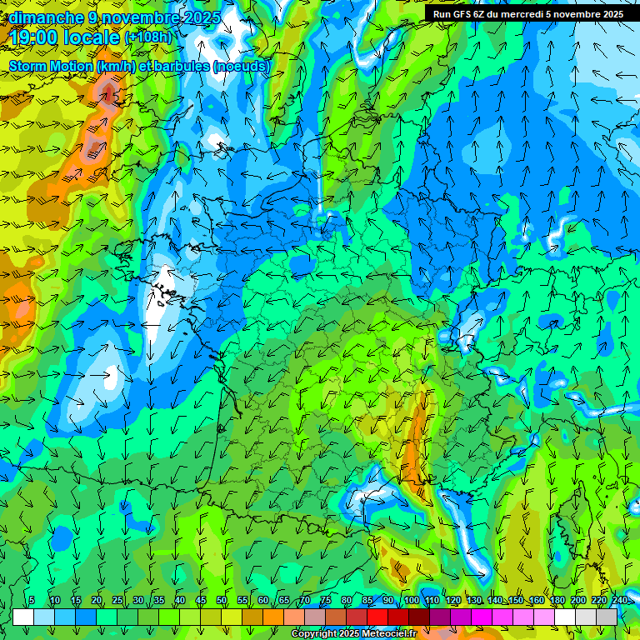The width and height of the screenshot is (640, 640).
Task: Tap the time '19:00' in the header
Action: tap(34, 37)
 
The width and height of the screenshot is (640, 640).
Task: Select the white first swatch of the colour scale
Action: tap(23, 617)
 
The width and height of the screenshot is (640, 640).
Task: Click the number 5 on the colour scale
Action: tap(32, 601)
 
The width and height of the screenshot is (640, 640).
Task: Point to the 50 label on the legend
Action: tap(222, 601)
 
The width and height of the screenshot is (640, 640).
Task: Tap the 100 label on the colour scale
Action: tap(412, 601)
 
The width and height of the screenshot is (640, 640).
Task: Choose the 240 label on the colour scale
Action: tap(620, 601)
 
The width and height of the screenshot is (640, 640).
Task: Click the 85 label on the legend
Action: tap(367, 601)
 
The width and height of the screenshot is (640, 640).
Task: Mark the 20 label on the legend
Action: tap(97, 601)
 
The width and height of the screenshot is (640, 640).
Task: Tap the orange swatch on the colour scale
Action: tap(252, 617)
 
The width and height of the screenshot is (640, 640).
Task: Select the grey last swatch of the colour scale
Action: tap(607, 617)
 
